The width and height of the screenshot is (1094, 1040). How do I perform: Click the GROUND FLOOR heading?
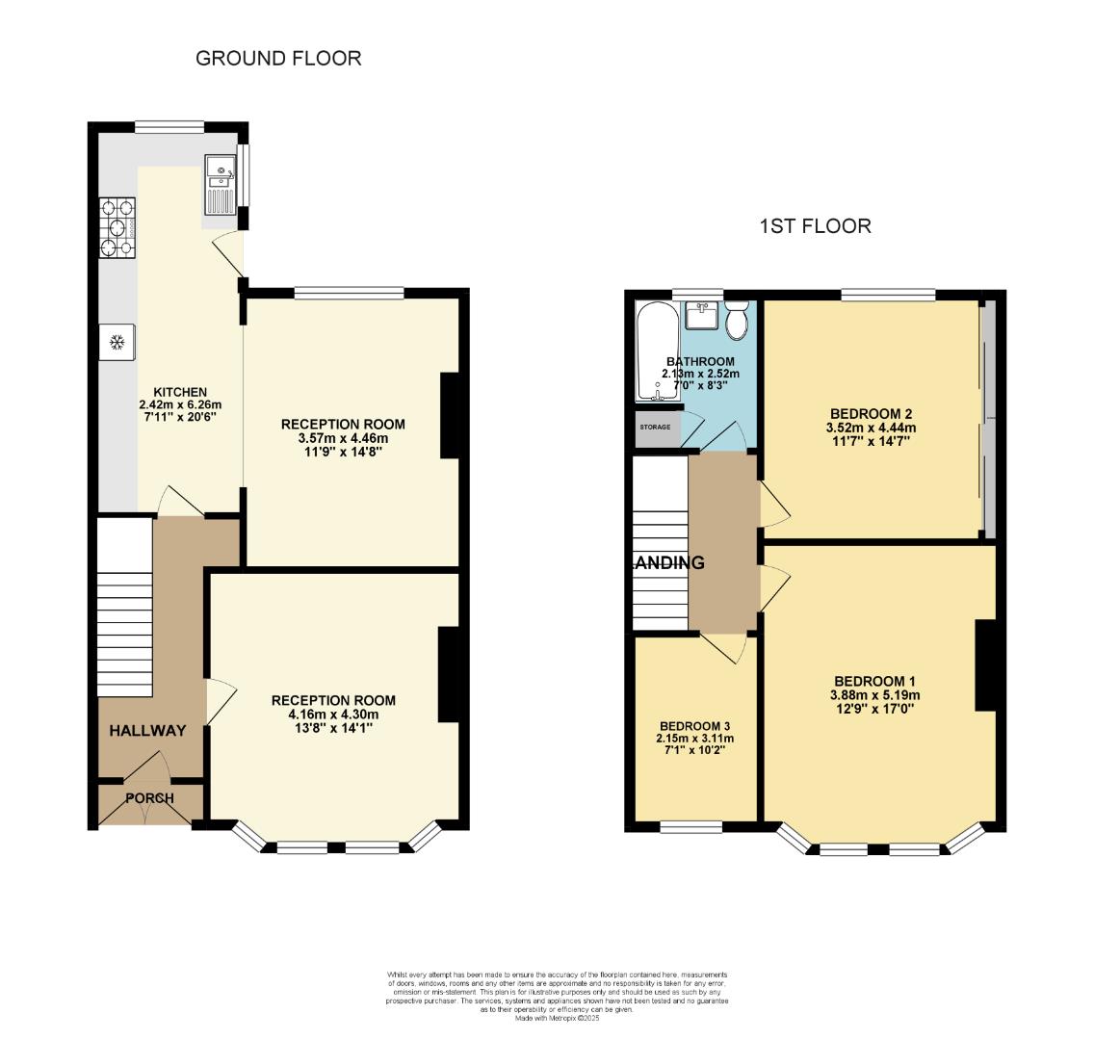coord(278,58)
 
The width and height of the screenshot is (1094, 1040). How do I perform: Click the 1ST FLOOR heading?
coord(815,226)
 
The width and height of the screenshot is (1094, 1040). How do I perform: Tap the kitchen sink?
coord(221,187)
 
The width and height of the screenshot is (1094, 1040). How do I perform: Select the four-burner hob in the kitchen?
coord(117,227)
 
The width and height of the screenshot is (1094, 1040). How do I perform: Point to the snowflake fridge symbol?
coord(117,342)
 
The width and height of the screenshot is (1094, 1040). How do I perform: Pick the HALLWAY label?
coord(146,731)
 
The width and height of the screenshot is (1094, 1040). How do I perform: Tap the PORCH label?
coord(150,798)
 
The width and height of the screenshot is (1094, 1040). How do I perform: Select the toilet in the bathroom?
coord(739,321)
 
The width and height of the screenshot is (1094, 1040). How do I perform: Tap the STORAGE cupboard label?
coord(656,427)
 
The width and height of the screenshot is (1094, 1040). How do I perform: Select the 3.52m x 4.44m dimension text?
coord(868,428)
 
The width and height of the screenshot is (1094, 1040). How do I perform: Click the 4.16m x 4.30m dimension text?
coord(332,715)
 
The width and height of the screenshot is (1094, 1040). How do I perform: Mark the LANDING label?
coord(669,563)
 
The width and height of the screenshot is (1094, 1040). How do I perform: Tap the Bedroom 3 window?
coord(691,826)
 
